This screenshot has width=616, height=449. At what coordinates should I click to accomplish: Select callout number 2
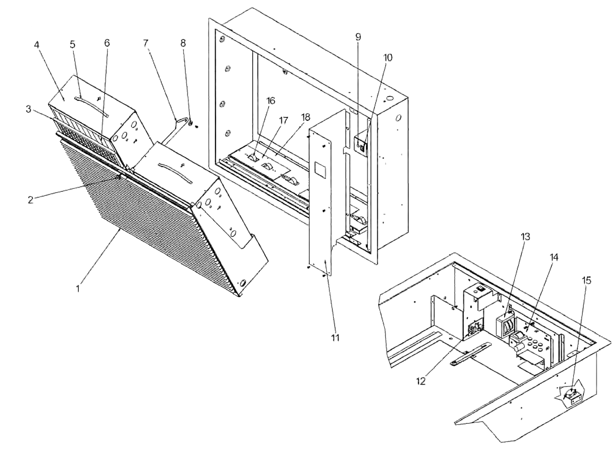pyautogui.click(x=30, y=199)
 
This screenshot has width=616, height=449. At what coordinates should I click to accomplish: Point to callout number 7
pyautogui.click(x=145, y=43)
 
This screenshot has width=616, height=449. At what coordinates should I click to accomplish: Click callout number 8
pyautogui.click(x=183, y=43)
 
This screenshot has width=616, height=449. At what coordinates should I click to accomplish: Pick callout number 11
pyautogui.click(x=335, y=337)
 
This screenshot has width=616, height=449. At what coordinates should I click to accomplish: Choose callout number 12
pyautogui.click(x=421, y=381)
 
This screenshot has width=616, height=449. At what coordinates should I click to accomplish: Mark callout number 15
pyautogui.click(x=586, y=280)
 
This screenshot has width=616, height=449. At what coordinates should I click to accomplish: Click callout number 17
pyautogui.click(x=284, y=121)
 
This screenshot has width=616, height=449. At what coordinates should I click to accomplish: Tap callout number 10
pyautogui.click(x=387, y=58)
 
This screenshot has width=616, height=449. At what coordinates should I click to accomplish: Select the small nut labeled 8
pyautogui.click(x=191, y=123)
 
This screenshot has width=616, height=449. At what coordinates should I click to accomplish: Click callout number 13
pyautogui.click(x=525, y=236)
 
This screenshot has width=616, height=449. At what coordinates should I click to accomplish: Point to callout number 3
pyautogui.click(x=28, y=109)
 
